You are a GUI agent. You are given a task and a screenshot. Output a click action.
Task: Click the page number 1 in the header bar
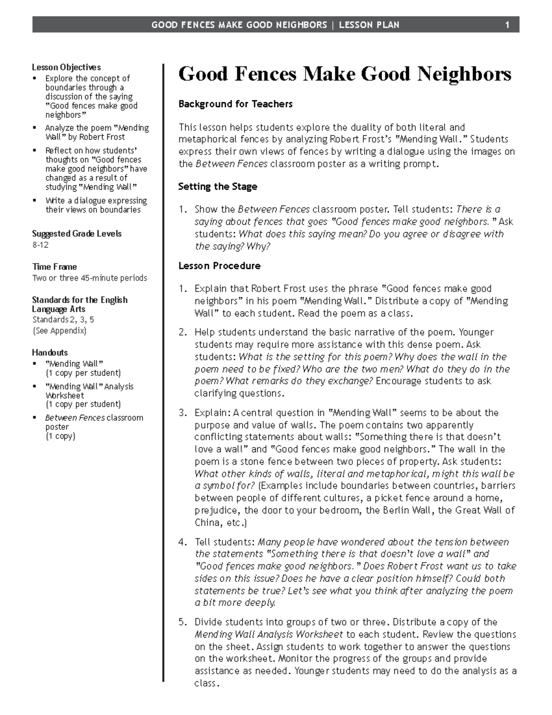[x=507, y=25]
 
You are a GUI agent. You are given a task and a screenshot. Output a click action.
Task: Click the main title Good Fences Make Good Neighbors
[x=345, y=74]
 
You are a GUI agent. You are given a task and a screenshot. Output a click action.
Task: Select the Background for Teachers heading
[x=235, y=104]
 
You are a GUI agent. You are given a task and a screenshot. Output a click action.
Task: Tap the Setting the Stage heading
[x=218, y=186]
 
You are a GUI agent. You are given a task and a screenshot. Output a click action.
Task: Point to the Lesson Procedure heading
[x=219, y=266]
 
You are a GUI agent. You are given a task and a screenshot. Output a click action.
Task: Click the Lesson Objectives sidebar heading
[x=66, y=67]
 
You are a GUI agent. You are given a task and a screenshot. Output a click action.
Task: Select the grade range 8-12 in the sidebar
[x=40, y=245]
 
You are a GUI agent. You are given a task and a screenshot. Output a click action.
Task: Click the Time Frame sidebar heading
[x=54, y=267]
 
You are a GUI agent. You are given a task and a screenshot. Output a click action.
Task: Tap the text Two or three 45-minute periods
[x=90, y=278]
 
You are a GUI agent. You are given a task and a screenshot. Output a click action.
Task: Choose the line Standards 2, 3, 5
[x=63, y=320]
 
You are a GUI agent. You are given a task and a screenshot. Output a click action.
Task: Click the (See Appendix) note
[x=59, y=331]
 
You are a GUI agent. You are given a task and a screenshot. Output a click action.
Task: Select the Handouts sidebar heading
[x=50, y=352]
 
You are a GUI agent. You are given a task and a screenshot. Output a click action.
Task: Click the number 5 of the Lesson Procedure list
[x=182, y=622]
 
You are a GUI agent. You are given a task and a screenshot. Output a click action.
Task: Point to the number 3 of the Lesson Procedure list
[x=182, y=413]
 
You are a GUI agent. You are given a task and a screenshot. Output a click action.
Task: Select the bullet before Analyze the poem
[x=34, y=128]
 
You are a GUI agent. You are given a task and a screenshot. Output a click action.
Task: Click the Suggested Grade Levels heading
[x=77, y=233]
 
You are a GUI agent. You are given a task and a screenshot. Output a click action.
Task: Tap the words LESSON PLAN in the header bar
[x=369, y=25]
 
